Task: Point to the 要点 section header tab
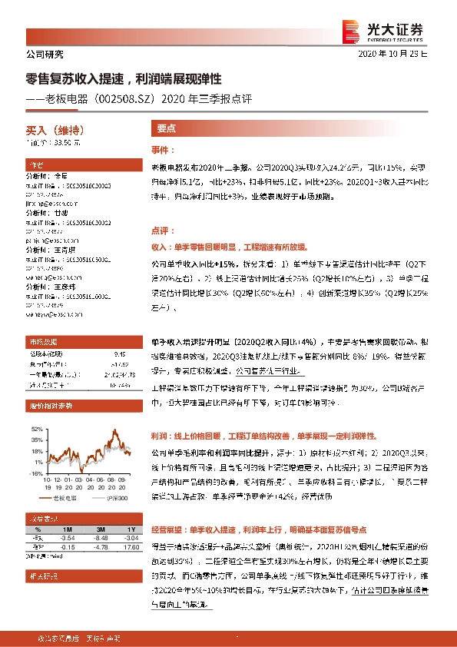click(x=167, y=130)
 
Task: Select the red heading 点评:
click(x=162, y=230)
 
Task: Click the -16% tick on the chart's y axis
click(x=37, y=474)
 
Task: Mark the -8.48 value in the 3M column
click(x=100, y=539)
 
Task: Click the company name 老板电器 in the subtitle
click(x=68, y=98)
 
